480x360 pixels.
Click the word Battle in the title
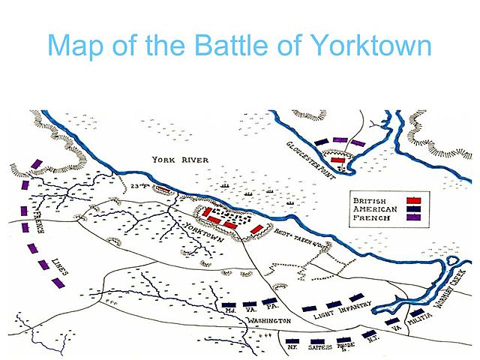(227, 47)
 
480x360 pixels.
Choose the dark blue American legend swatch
(412, 208)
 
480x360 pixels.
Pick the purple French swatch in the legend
(412, 217)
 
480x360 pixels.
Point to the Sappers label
(317, 346)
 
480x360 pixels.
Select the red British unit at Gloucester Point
(339, 159)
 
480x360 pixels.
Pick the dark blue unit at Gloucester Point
(322, 141)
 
